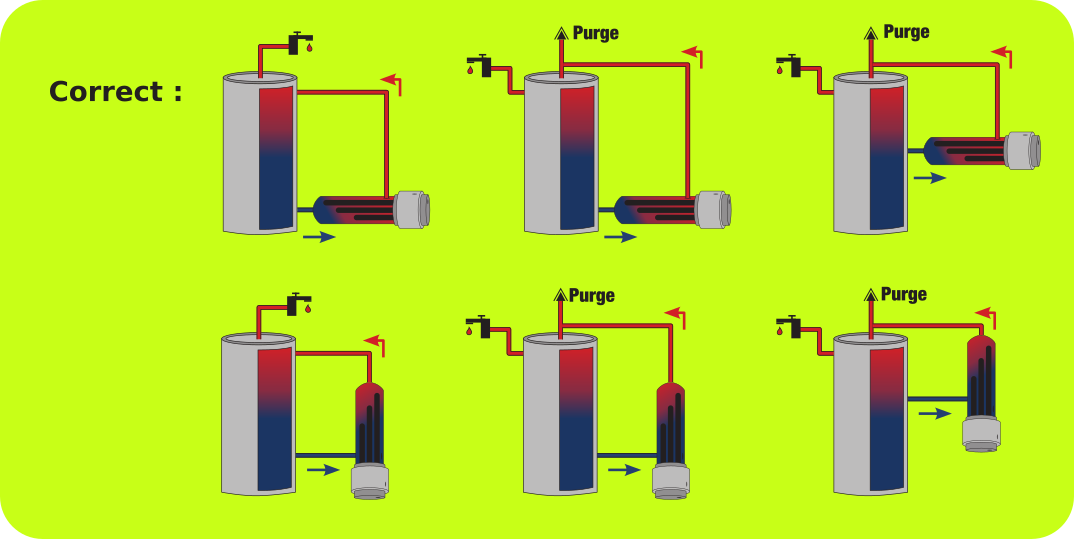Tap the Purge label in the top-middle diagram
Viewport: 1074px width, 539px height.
(x=595, y=33)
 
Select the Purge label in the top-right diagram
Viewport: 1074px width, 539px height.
(x=906, y=32)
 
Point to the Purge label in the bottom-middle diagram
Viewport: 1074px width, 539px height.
(x=592, y=296)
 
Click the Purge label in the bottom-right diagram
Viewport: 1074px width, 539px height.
(x=903, y=294)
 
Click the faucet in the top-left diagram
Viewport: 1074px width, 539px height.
(x=299, y=42)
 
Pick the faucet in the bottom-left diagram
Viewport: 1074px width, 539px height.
(x=298, y=304)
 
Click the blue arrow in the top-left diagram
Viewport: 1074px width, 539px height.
(x=319, y=237)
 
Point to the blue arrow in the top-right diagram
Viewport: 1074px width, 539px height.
(x=929, y=178)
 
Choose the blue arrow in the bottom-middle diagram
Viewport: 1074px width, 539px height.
(x=624, y=470)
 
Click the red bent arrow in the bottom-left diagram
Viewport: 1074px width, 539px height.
(x=377, y=343)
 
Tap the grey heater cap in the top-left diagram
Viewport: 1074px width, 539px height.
(x=412, y=210)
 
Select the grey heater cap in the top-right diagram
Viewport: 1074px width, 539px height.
(x=1023, y=150)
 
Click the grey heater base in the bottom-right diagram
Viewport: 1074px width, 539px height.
(x=981, y=434)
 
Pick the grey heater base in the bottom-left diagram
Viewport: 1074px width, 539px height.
(x=370, y=481)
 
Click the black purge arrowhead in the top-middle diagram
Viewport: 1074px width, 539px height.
(x=562, y=32)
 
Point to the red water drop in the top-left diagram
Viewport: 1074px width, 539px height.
(x=309, y=48)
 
